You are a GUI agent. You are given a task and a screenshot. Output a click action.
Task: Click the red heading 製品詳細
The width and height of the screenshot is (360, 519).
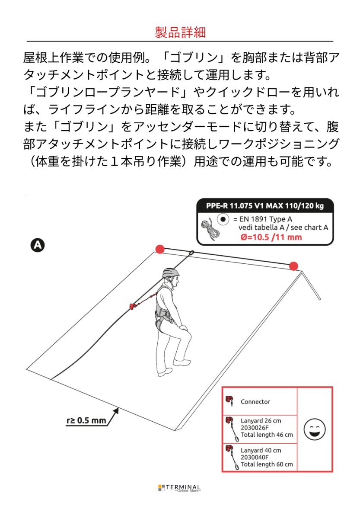[x=180, y=32]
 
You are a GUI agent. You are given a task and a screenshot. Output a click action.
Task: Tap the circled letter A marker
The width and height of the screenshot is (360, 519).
[x=38, y=245]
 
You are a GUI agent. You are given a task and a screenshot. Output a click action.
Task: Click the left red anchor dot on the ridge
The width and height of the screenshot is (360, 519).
[x=160, y=249]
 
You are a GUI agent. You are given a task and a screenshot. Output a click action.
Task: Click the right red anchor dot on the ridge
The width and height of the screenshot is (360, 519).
[x=293, y=266]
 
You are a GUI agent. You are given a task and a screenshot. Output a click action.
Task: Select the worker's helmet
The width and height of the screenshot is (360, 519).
[x=171, y=273]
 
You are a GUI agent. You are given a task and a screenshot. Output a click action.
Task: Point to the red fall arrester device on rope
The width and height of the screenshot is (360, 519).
[x=133, y=306]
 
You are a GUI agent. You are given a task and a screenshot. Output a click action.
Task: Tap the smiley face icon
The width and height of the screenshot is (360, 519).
[x=315, y=429]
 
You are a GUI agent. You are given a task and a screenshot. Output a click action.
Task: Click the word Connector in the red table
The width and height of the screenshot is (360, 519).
[x=255, y=402]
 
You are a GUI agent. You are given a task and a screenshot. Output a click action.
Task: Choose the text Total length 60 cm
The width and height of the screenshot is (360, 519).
[x=266, y=464]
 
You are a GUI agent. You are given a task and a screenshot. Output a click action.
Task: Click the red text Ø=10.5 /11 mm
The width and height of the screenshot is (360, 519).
[x=271, y=237]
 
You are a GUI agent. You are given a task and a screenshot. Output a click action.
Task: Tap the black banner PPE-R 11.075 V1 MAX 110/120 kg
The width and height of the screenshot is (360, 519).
[x=265, y=206]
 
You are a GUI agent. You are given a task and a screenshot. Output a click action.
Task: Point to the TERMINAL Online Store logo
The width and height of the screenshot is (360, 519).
[x=179, y=488]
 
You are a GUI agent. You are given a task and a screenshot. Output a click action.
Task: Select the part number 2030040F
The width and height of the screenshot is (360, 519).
[x=255, y=457]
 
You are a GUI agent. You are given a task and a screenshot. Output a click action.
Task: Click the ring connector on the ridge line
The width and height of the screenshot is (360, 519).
[x=191, y=253]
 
